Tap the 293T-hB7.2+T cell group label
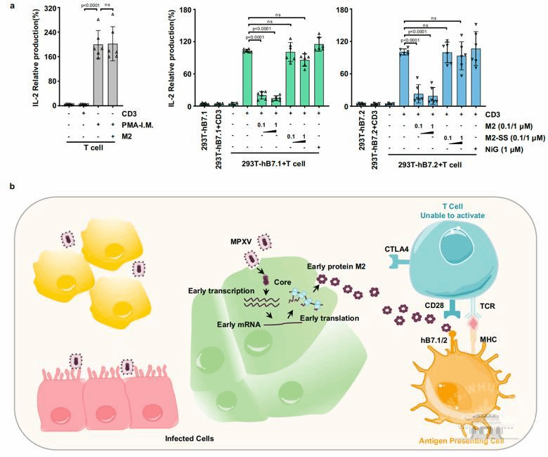pyautogui.click(x=430, y=163)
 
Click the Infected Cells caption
pyautogui.click(x=189, y=437)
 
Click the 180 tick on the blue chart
pyautogui.click(x=348, y=9)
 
